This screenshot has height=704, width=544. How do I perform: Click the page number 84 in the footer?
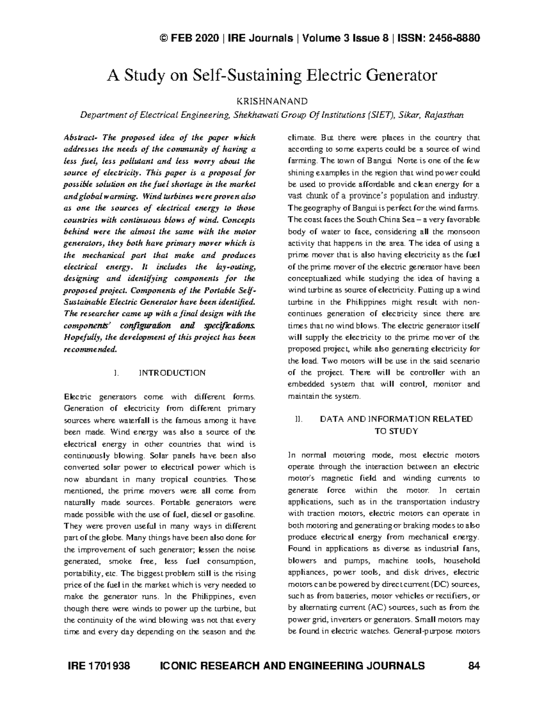coord(473,666)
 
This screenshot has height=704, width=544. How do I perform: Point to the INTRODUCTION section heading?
coord(172,373)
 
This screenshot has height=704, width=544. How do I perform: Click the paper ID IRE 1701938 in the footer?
coord(99,666)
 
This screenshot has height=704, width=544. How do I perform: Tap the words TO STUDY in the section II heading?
coord(396,431)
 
